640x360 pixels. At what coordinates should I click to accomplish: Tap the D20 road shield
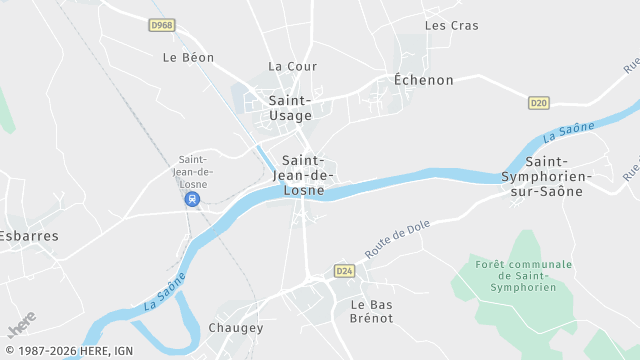(539, 102)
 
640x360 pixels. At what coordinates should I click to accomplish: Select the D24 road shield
(345, 271)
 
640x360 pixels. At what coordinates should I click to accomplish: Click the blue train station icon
(192, 199)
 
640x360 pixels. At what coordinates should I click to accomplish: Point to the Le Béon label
(188, 58)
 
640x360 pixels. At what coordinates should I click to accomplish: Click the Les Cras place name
(452, 26)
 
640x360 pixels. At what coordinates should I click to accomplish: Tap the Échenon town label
(423, 80)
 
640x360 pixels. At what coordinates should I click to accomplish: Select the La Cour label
(292, 67)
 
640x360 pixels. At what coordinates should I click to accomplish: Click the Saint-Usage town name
(290, 108)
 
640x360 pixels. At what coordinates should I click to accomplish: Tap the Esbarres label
(28, 237)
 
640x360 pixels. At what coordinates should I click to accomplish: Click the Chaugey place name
(236, 328)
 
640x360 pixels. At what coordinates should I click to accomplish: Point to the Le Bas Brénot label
(372, 311)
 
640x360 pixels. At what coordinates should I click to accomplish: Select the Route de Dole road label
(397, 241)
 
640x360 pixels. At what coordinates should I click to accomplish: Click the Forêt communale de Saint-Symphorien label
(524, 276)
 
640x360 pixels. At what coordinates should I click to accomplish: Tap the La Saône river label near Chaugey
(165, 289)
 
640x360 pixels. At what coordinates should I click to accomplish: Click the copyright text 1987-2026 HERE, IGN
(68, 351)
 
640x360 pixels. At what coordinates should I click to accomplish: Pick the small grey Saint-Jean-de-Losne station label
(192, 171)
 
